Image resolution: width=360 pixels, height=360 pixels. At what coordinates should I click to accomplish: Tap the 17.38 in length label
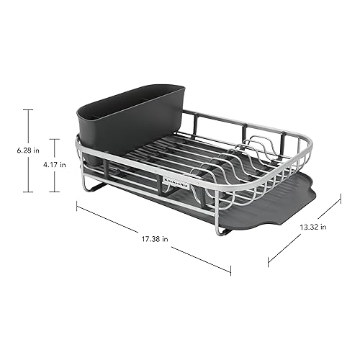click(x=156, y=238)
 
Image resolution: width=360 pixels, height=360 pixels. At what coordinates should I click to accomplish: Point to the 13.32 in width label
click(x=313, y=227)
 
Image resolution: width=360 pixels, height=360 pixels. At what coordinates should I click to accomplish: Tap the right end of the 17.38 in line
click(x=230, y=273)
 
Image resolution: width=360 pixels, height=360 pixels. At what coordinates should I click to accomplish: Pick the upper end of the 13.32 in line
click(x=339, y=202)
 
